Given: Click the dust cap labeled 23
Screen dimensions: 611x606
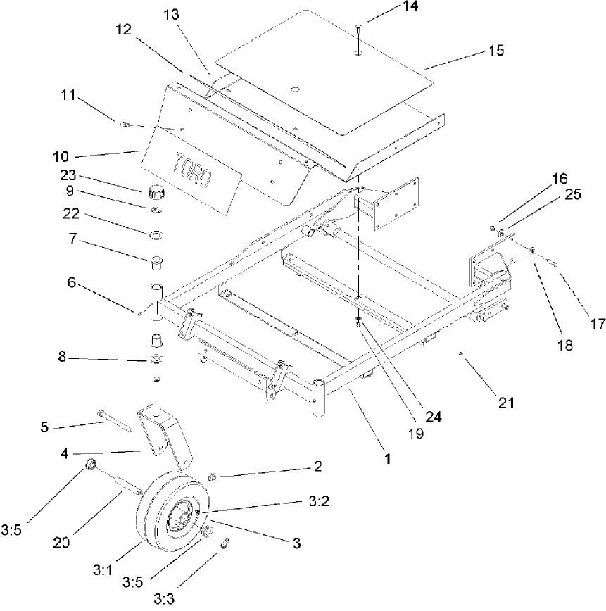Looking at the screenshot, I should (155, 190).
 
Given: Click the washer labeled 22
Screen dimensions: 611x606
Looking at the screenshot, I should (155, 233).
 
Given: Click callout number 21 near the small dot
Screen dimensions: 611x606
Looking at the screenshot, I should (507, 403).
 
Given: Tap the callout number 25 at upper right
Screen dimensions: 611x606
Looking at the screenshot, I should (573, 195).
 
